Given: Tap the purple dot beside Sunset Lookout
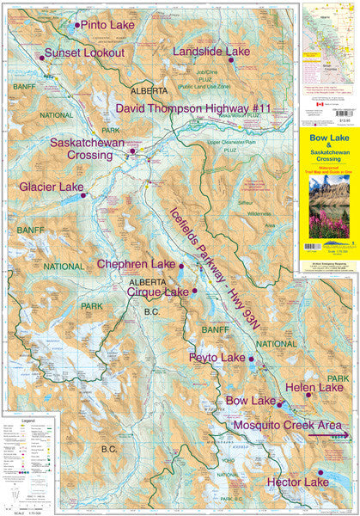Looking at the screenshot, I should coord(41,58).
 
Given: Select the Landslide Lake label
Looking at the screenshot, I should coord(211,52).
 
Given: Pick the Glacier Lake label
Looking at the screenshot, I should coord(53,187).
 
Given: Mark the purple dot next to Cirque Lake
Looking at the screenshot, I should coord(195,292).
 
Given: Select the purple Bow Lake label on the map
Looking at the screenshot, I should coord(249,401).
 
